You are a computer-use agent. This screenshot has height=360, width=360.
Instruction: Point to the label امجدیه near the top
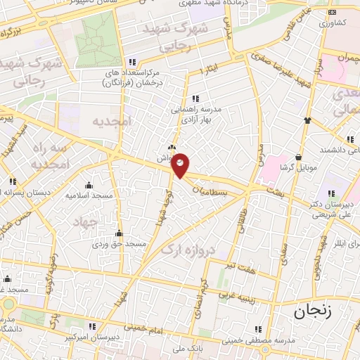pos(112,121)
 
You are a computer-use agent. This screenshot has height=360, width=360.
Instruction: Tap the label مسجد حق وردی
pos(120,244)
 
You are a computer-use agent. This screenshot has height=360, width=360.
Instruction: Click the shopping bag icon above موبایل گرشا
pos(300,155)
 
